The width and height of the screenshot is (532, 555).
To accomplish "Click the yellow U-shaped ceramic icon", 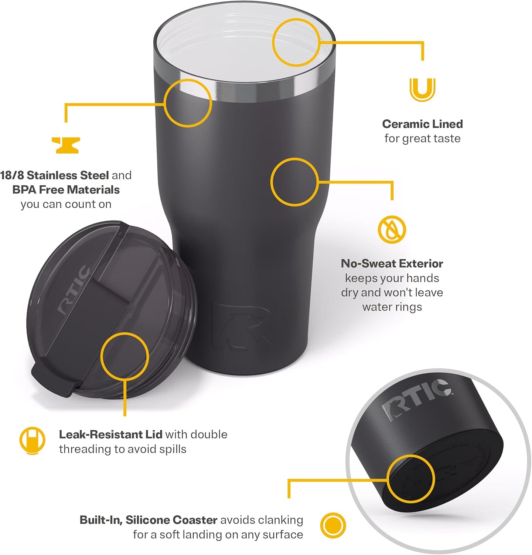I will click(422, 90).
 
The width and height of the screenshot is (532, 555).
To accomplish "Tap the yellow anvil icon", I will click(66, 145).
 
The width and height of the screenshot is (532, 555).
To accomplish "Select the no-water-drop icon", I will click(392, 229).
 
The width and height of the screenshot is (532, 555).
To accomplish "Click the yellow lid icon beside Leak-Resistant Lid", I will click(32, 441).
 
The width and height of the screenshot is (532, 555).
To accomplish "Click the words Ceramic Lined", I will click(422, 124).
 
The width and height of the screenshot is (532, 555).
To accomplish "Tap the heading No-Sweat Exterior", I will click(392, 263).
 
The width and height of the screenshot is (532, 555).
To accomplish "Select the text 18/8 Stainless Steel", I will click(55, 175).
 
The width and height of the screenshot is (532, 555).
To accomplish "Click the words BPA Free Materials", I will click(66, 190).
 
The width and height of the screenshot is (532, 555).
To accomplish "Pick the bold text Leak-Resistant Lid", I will click(110, 434).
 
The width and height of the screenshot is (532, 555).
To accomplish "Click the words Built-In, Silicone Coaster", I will click(149, 520).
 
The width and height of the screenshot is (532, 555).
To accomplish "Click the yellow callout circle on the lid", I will click(125, 356).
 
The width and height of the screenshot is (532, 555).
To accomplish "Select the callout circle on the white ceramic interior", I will click(296, 43).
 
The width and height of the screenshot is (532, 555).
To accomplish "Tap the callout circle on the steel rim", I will click(188, 103).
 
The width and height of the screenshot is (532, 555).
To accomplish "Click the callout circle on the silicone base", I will click(410, 479).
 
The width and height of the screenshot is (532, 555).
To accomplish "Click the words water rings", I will click(392, 307).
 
